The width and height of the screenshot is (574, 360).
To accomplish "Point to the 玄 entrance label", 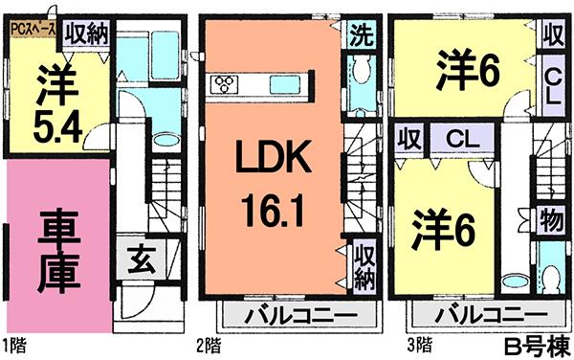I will [137, 259].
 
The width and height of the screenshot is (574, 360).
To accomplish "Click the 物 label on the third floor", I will [550, 218].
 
